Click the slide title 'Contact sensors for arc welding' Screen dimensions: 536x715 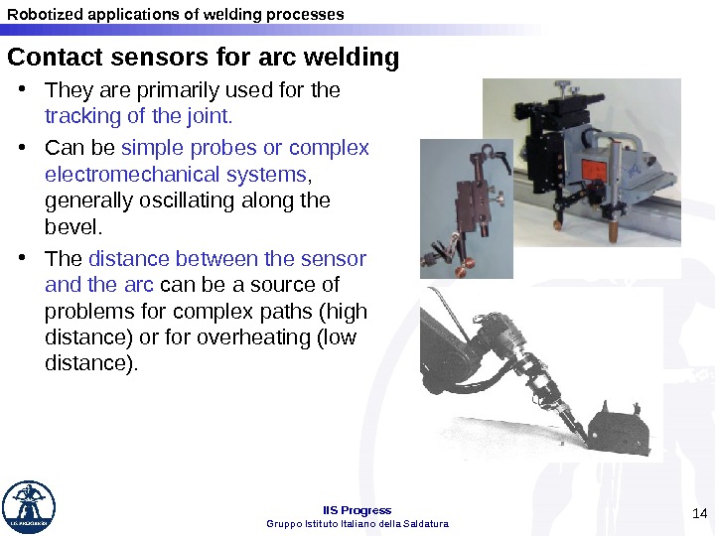point(204,58)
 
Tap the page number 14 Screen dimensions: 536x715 point(697,513)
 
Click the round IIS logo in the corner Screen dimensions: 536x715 point(29,507)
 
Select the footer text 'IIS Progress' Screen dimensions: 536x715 point(357,510)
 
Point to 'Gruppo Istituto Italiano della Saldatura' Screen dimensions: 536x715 point(357,523)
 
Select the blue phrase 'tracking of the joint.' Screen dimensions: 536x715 point(139,116)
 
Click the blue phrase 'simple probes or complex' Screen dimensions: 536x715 point(244,149)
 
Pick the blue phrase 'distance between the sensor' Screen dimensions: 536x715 point(227,260)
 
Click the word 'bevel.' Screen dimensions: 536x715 point(73,227)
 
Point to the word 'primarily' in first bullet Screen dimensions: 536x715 point(171,91)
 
